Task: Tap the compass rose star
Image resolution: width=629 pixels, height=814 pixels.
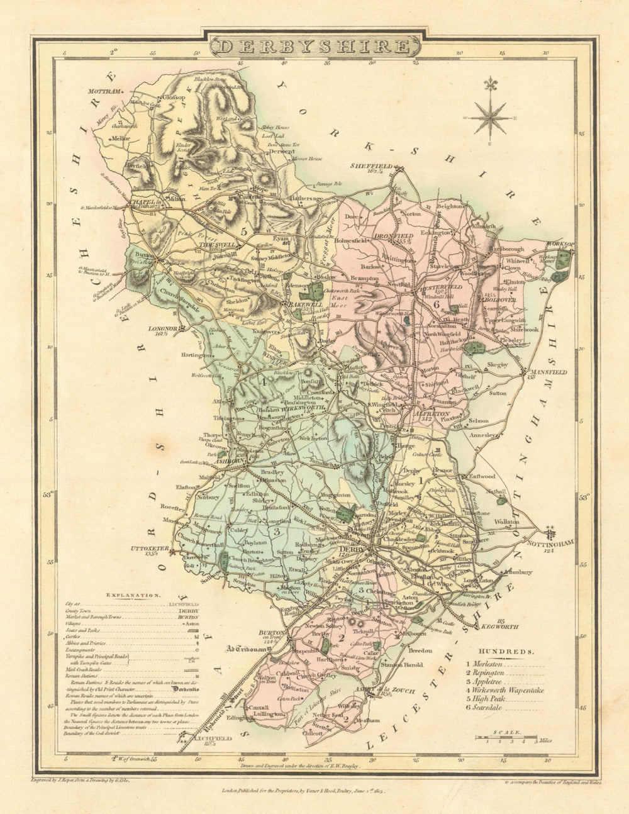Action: [492, 116]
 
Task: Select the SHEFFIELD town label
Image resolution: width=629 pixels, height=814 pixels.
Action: [371, 166]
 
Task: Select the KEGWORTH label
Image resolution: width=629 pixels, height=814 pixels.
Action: [500, 627]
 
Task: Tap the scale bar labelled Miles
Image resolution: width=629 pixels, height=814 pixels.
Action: [506, 736]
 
